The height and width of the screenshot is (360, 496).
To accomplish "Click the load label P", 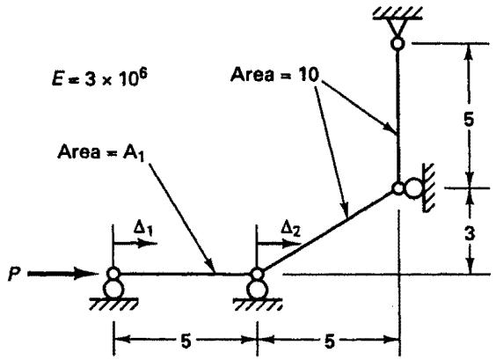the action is [12, 274].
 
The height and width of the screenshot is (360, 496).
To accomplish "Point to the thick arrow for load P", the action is [62, 274].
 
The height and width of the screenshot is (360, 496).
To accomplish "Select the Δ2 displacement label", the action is [291, 229].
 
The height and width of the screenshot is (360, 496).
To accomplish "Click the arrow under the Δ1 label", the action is [135, 244].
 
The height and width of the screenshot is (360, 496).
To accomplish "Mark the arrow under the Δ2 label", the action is [279, 244].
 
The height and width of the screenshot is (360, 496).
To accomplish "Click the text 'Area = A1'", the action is [101, 152].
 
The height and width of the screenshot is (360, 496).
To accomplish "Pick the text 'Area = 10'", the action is [274, 76].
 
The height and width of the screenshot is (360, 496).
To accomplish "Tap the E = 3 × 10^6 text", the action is [99, 77].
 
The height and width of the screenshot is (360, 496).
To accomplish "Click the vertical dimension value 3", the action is [470, 234].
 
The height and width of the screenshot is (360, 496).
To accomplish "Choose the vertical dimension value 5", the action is [469, 120].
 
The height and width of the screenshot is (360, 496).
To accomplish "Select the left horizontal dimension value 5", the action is [186, 342].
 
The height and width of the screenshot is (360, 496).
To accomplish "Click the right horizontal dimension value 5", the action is [330, 342].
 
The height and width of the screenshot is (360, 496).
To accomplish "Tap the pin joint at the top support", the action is [398, 43].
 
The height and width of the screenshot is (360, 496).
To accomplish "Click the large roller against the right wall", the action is [413, 188].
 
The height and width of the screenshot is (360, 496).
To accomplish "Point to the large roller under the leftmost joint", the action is [113, 289].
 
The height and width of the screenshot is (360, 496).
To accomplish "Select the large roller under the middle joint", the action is [257, 290].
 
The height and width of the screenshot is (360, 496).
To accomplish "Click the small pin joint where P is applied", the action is [113, 273].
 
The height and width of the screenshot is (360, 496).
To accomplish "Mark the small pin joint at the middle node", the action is [257, 274].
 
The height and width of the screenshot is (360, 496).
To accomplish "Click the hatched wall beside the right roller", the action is [428, 187].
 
